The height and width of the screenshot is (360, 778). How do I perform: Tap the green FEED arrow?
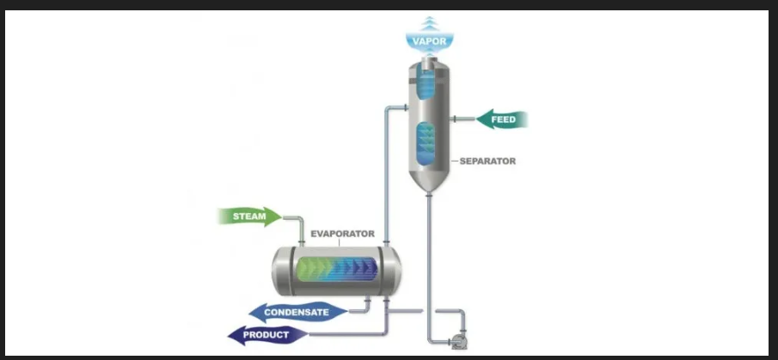pyautogui.click(x=501, y=119)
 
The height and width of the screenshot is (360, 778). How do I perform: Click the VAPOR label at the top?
pyautogui.click(x=430, y=40)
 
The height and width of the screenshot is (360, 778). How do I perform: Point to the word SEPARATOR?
pyautogui.click(x=487, y=161)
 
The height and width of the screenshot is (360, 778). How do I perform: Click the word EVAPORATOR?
pyautogui.click(x=342, y=233)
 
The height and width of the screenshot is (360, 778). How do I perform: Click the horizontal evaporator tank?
pyautogui.click(x=336, y=271)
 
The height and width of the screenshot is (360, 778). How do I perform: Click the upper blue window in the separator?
pyautogui.click(x=427, y=83)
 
